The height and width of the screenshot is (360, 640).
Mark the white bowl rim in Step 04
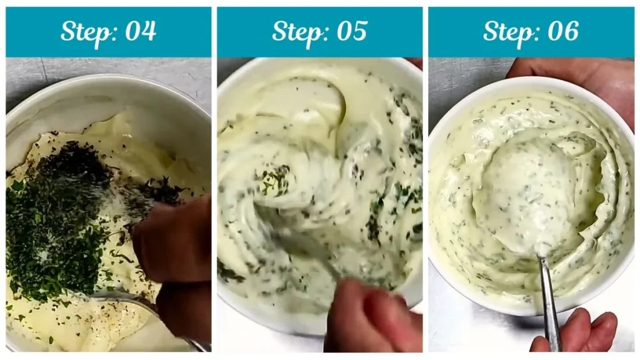pos(106,84)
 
